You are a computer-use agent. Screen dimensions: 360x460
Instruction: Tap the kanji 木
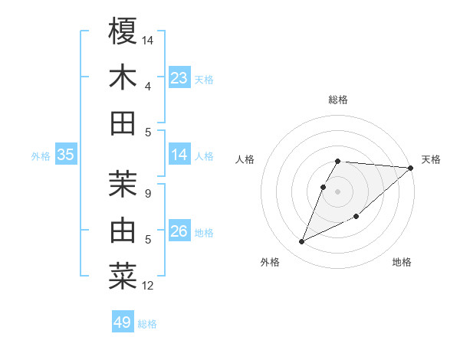pos(123,78)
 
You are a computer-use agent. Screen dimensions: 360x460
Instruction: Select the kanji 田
pos(123,123)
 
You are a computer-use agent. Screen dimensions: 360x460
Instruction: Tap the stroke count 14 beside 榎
pos(148,39)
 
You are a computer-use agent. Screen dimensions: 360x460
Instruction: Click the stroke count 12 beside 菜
pos(148,286)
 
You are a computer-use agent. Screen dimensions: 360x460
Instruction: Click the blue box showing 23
pos(179,78)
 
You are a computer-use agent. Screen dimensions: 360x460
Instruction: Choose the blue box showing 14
pos(179,155)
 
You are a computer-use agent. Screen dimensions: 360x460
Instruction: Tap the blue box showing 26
pos(179,231)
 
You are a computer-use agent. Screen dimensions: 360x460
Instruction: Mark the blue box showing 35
pos(65,155)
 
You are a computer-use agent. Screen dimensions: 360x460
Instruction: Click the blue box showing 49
pos(123,322)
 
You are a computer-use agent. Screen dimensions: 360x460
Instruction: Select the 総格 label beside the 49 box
pos(147,324)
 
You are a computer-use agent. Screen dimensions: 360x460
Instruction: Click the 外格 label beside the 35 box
pos(41,156)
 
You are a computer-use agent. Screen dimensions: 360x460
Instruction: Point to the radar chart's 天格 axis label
pos(431,159)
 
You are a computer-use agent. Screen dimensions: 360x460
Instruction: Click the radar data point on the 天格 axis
pos(410,169)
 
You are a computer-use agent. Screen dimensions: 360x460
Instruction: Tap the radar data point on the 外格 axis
pos(301,242)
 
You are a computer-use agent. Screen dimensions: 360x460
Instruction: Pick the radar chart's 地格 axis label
pos(402,263)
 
